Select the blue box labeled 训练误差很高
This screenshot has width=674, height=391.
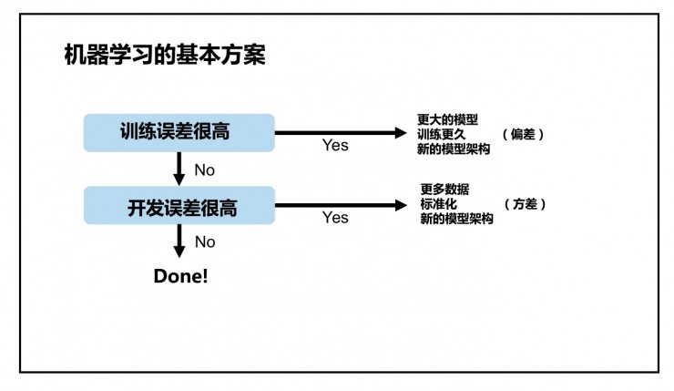tap(179, 132)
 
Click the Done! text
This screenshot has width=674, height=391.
tap(180, 275)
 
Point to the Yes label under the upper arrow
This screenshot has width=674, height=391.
tap(335, 146)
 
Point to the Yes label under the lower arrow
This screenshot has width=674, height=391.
tap(335, 218)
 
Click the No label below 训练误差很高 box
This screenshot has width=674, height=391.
tap(205, 170)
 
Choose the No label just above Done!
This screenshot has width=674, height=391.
tap(205, 242)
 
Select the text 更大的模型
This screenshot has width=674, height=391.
tap(447, 119)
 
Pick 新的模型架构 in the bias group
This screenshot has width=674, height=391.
tap(454, 149)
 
